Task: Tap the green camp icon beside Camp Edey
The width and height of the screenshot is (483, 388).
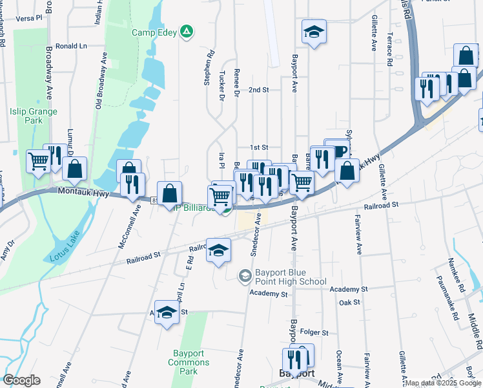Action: [x=187, y=32]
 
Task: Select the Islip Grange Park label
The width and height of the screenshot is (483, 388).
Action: [x=34, y=116]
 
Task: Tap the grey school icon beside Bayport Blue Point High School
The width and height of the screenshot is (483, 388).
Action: [x=245, y=277]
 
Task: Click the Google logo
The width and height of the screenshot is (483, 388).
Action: [x=21, y=380]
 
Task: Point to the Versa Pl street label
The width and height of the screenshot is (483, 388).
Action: [x=25, y=19]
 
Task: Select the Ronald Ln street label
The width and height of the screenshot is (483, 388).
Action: [x=71, y=47]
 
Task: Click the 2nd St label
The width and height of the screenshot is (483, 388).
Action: [x=258, y=90]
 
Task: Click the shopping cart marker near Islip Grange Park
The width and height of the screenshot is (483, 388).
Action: [x=39, y=160]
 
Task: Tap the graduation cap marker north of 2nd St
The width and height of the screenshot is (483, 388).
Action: [x=314, y=32]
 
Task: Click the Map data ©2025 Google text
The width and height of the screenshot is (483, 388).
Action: [x=442, y=383]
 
